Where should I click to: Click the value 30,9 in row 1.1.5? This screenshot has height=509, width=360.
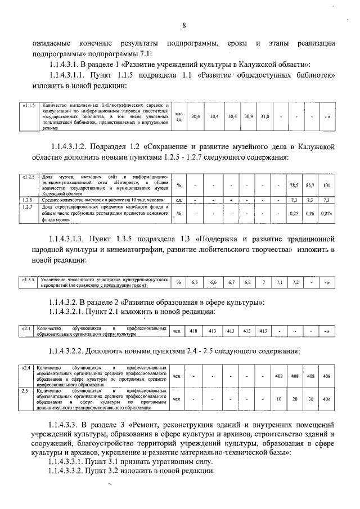[249, 116]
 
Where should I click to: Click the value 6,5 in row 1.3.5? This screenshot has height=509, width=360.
[195, 282]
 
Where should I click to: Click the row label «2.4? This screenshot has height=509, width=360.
[26, 367]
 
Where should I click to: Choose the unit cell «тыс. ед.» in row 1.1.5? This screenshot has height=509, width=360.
[179, 116]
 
